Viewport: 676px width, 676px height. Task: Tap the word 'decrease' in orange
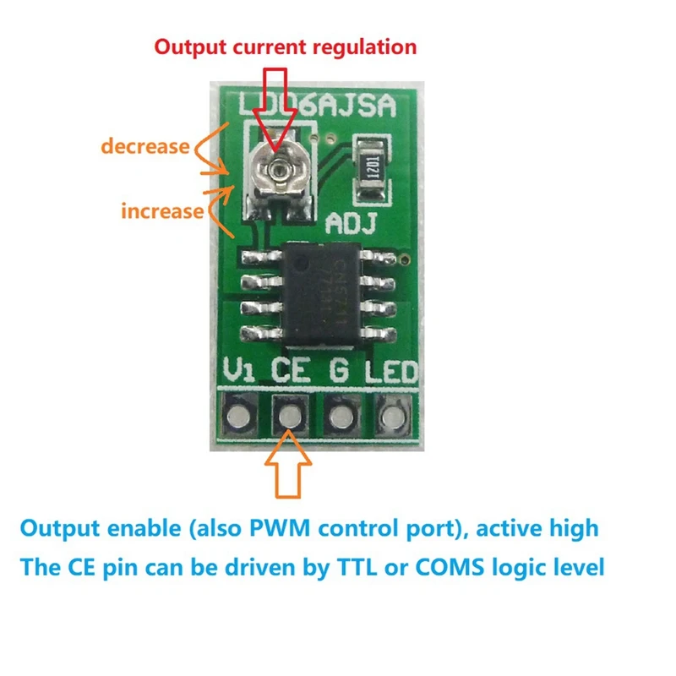click(144, 145)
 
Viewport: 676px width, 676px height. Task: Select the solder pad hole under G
click(341, 415)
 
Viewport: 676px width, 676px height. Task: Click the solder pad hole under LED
click(391, 415)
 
